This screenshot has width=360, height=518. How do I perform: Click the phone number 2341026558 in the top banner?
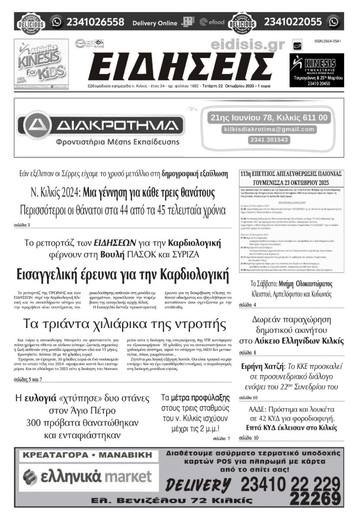(96, 22)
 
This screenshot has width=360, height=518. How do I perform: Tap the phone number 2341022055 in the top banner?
(293, 22)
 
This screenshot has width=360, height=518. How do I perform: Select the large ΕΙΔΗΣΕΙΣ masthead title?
(179, 66)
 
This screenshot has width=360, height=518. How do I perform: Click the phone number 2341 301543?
(269, 140)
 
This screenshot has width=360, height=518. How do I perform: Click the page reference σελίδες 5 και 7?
(28, 380)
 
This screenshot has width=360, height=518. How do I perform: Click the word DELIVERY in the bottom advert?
(200, 485)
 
